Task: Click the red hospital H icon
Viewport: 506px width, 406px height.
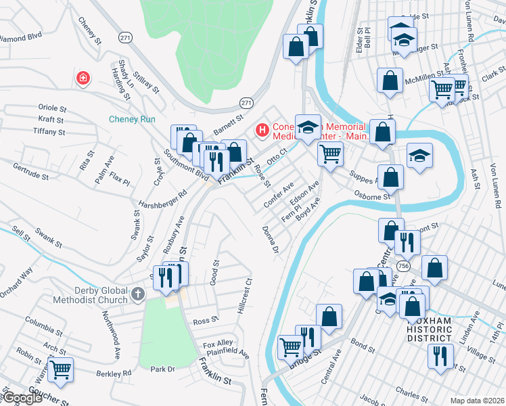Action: [260, 129]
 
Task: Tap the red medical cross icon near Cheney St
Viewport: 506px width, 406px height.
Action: [83, 79]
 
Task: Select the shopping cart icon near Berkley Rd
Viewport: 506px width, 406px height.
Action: [60, 370]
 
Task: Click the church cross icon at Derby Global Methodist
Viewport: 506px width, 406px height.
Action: [138, 294]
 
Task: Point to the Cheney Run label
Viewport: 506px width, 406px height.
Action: [133, 120]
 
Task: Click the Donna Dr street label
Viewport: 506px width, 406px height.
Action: [271, 240]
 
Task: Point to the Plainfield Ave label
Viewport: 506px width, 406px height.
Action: [227, 353]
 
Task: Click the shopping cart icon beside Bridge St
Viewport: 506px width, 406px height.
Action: [291, 346]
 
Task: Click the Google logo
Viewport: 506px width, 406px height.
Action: [22, 398]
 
